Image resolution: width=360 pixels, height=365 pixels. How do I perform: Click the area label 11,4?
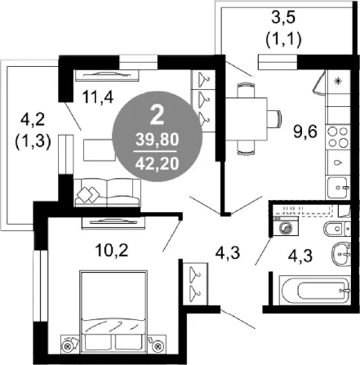(x=97, y=97)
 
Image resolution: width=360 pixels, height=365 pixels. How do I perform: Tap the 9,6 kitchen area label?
(x=305, y=132)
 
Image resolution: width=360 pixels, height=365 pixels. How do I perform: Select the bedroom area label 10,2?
(x=112, y=250)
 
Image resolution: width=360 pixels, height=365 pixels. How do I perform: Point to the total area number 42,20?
(x=158, y=163)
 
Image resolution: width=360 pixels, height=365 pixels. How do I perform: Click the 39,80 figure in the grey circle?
(x=158, y=140)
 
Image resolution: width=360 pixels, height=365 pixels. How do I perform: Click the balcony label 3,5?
(x=283, y=19)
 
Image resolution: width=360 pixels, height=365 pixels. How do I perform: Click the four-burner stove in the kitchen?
(x=338, y=137)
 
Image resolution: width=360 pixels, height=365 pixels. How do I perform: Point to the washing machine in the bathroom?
(x=286, y=225)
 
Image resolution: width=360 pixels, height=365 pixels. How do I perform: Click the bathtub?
(x=315, y=290)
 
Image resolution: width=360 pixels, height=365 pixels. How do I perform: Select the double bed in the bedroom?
(x=113, y=310)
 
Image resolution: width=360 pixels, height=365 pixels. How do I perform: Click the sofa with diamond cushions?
(x=108, y=192)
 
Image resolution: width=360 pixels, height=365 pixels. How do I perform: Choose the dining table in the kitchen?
(x=247, y=118)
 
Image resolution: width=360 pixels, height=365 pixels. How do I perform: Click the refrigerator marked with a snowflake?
(x=338, y=82)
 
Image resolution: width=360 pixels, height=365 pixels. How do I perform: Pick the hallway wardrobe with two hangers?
(x=195, y=284)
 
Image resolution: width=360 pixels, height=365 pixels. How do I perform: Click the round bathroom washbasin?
(x=341, y=254)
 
